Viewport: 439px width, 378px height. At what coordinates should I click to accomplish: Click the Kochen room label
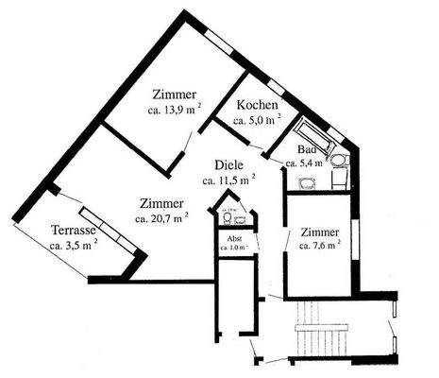pos(257,104)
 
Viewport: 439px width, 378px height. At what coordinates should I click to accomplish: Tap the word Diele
pos(229,163)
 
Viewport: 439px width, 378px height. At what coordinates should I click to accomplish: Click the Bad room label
pos(306,150)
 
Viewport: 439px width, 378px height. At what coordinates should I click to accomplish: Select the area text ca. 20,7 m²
pos(160,218)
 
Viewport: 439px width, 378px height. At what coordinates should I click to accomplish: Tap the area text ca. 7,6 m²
pos(319,246)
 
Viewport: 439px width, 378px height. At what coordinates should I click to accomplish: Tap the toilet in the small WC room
pos(227,217)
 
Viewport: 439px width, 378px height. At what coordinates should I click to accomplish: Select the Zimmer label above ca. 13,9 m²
pos(174,94)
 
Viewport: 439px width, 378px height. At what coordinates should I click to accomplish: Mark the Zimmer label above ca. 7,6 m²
pos(320,232)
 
